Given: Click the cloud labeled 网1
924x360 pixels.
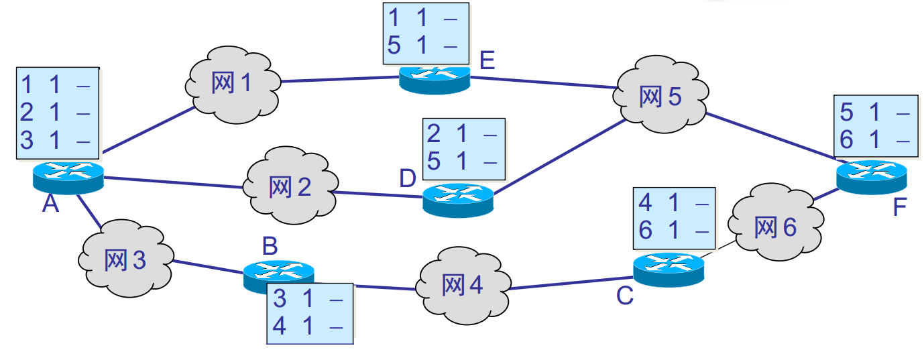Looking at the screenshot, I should (x=232, y=84).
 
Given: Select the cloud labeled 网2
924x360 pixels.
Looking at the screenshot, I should (x=290, y=187).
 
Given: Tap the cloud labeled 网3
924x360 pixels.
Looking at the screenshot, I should (x=125, y=259).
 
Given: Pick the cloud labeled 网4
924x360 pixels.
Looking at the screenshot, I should (x=462, y=285).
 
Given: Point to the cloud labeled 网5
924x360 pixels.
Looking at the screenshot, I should (x=660, y=97).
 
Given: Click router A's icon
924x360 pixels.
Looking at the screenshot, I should (x=68, y=176).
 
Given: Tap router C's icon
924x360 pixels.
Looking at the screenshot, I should (x=669, y=269).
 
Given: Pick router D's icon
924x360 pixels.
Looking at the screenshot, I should (x=458, y=198).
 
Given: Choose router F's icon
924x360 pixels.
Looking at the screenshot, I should (x=872, y=177).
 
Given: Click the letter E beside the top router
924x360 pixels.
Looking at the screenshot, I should (x=487, y=61).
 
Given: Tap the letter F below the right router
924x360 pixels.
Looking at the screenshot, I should (x=899, y=208).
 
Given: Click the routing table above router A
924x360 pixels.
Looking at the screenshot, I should (x=58, y=113).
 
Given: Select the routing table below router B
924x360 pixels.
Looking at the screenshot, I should (x=310, y=313).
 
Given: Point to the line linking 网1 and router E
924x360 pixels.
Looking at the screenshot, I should (x=339, y=80).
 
